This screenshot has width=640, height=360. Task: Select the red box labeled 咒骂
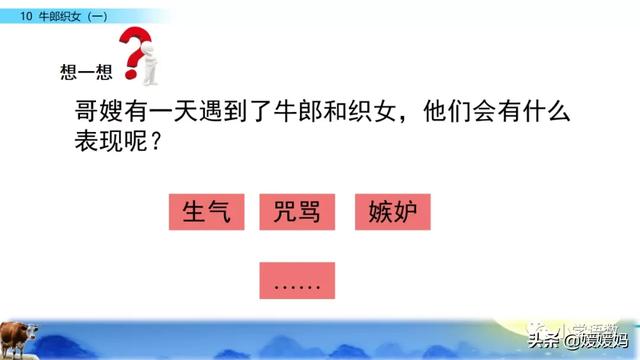(296, 213)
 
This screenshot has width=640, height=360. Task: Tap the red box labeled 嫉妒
(392, 213)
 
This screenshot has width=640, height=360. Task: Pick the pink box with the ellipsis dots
(296, 279)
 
